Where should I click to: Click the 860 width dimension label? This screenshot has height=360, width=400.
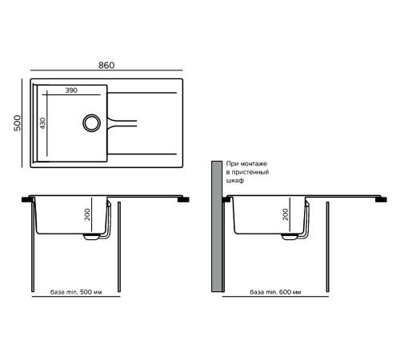pos(106,66)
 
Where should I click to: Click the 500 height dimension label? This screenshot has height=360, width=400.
pos(18,123)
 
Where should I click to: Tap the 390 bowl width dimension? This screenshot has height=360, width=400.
pos(71,90)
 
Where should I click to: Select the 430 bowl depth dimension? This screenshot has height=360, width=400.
pos(42,123)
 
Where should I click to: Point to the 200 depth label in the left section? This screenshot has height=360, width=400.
pos(87,214)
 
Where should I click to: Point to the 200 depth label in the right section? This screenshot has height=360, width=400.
pos(286,214)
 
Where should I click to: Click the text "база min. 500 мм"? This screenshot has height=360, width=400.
pos(76,292)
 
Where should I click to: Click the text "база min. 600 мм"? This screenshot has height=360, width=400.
pos(275,292)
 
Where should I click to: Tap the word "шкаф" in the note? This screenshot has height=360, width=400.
pos(235,181)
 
